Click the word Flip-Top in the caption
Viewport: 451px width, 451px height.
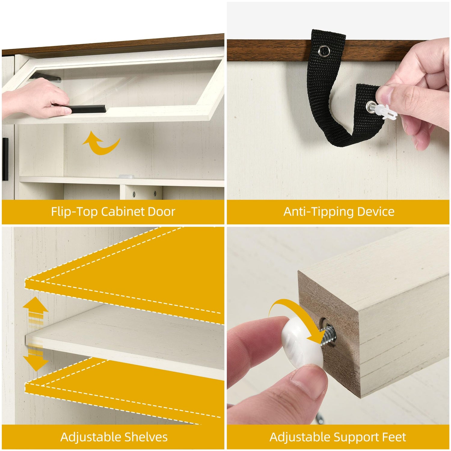75,212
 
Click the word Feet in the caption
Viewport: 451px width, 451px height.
393,437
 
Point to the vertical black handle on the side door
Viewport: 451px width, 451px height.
5,159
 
